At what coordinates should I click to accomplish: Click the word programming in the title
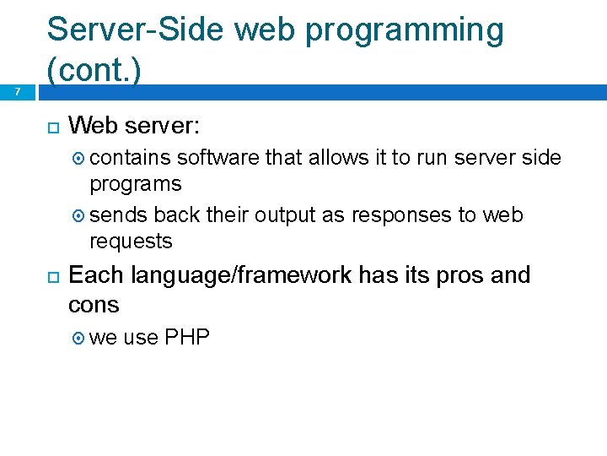pyautogui.click(x=404, y=30)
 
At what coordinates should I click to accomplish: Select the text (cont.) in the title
pyautogui.click(x=93, y=71)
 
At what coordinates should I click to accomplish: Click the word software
pyautogui.click(x=218, y=157)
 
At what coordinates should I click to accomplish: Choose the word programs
pyautogui.click(x=135, y=184)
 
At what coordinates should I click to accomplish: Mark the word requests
pyautogui.click(x=131, y=242)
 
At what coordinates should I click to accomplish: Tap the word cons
pyautogui.click(x=94, y=304)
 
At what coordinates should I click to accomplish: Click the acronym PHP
pyautogui.click(x=187, y=338)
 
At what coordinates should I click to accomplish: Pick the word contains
pyautogui.click(x=131, y=157)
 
